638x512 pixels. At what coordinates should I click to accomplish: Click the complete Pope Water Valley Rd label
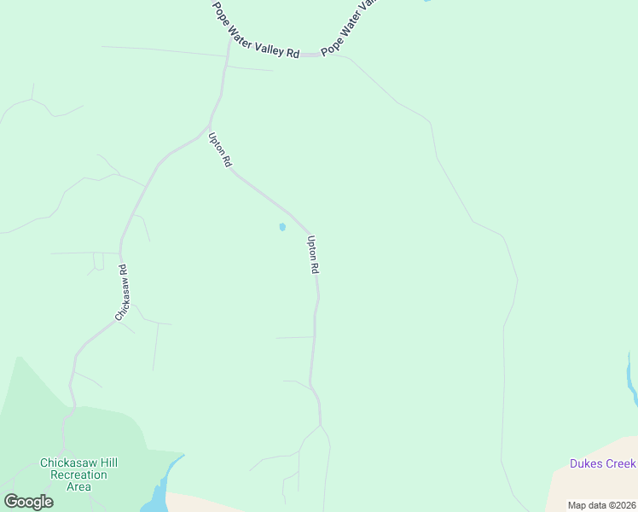[x=256, y=29]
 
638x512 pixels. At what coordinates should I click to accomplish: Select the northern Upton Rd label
[x=220, y=148]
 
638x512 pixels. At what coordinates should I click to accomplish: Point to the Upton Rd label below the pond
[x=313, y=254]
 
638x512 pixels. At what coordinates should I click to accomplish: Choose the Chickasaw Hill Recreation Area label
[x=78, y=475]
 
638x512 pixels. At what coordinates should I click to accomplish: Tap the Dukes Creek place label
[x=603, y=464]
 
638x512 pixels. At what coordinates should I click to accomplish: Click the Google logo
[x=28, y=502]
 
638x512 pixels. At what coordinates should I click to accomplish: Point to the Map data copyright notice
[x=601, y=505]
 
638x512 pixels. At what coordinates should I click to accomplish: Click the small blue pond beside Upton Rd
[x=282, y=227]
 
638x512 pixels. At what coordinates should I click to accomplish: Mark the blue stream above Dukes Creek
[x=631, y=380]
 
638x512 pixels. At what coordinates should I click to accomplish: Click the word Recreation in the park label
[x=78, y=475]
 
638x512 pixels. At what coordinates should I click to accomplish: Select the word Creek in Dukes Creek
[x=618, y=464]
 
